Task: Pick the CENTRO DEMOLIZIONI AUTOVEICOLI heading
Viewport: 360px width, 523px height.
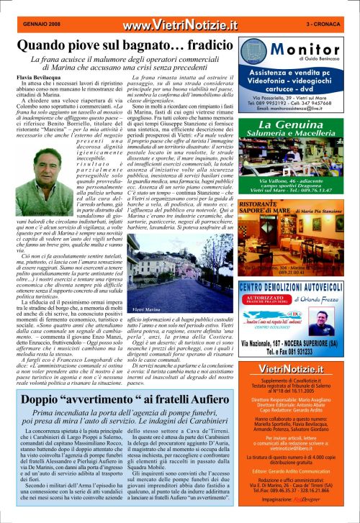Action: click(x=296, y=288)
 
